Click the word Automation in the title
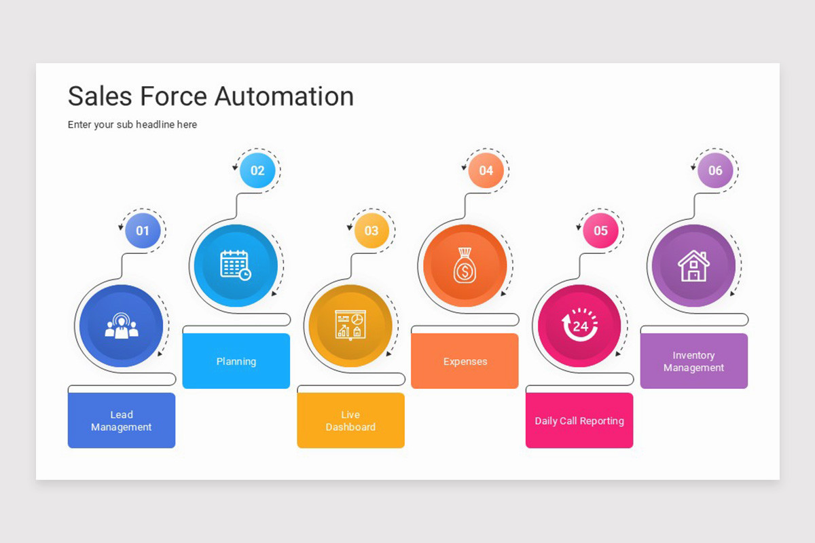click(x=283, y=96)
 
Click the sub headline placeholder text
click(x=132, y=125)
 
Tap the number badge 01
click(x=143, y=231)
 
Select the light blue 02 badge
click(x=257, y=170)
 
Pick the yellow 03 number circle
click(x=372, y=231)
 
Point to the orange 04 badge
click(x=486, y=170)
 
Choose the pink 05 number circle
click(x=600, y=231)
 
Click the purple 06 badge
click(x=715, y=170)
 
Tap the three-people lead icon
click(x=122, y=326)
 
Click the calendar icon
click(x=236, y=265)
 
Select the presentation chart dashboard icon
click(x=350, y=324)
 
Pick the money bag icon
click(x=465, y=265)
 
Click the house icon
click(x=693, y=265)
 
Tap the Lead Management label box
click(x=122, y=421)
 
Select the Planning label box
click(x=236, y=361)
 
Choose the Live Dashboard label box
click(x=350, y=421)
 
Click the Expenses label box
click(x=465, y=361)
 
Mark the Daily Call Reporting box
click(x=579, y=421)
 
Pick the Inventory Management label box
click(x=693, y=361)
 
